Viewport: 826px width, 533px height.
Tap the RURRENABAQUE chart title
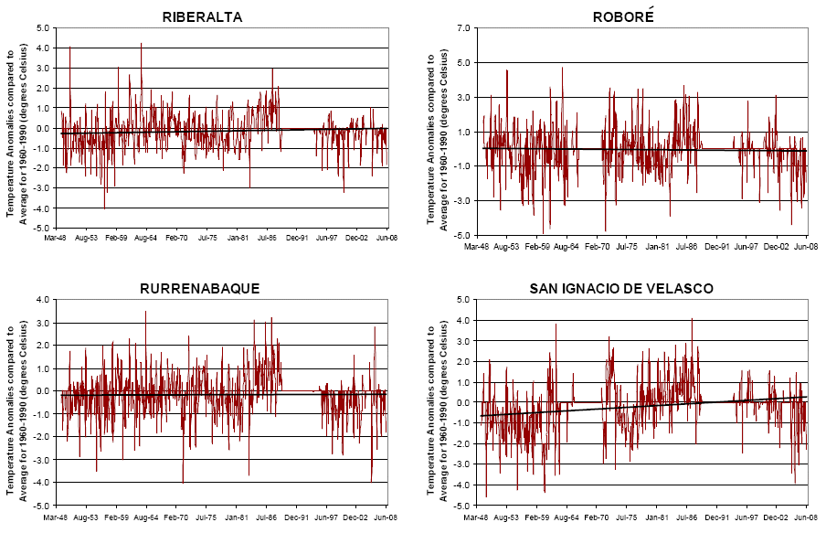click(199, 288)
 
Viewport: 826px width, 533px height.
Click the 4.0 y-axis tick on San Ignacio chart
click(464, 320)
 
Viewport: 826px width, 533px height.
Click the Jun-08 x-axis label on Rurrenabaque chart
click(386, 517)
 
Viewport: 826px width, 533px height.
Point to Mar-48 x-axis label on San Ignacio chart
click(476, 517)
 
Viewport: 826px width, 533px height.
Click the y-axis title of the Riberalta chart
click(16, 128)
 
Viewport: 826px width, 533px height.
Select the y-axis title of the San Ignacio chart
click(438, 402)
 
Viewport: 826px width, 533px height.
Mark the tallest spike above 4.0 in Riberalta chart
click(141, 44)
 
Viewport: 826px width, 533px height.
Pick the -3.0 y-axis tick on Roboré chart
click(463, 200)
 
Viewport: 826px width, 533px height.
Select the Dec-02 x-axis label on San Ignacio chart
click(776, 517)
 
